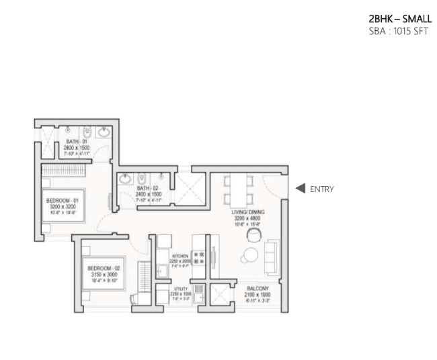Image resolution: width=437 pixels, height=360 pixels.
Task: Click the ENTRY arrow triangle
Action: [x=301, y=189]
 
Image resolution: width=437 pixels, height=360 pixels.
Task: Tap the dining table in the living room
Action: [x=239, y=189]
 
